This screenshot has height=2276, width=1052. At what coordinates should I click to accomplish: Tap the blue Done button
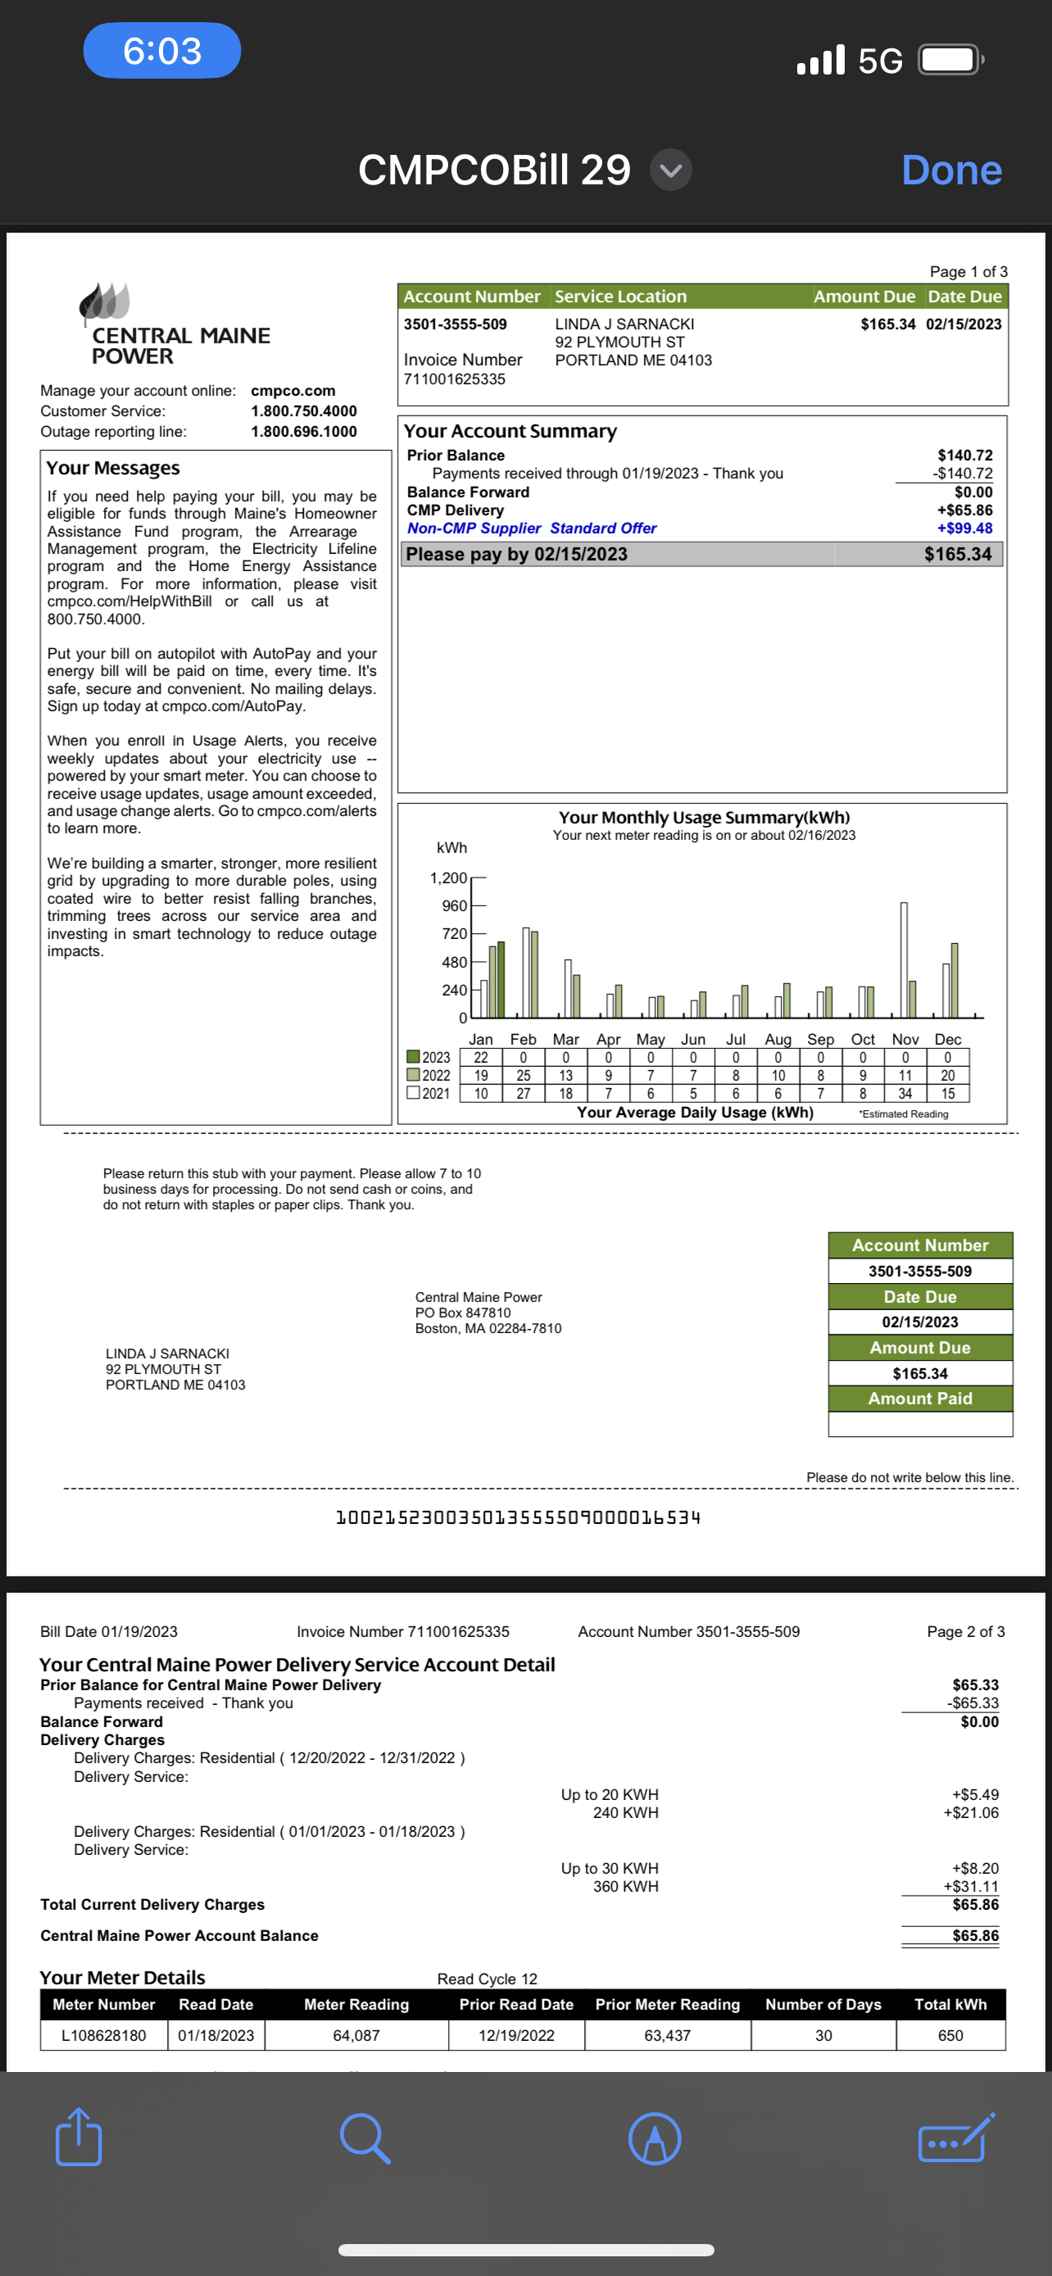[951, 170]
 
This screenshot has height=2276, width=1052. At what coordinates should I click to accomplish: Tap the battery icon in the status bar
[950, 60]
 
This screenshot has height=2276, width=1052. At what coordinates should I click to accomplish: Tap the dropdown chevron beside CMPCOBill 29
[670, 170]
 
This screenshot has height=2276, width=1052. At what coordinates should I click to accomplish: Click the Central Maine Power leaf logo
[105, 302]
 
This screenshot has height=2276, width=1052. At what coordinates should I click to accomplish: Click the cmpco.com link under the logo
[292, 391]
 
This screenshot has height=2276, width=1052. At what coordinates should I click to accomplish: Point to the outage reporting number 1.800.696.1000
[304, 431]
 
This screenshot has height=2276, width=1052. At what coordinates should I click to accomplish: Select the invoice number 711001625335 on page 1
[454, 379]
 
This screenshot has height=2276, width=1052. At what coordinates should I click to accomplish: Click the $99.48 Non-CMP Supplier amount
[964, 528]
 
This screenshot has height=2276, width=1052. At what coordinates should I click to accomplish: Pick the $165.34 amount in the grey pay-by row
[958, 554]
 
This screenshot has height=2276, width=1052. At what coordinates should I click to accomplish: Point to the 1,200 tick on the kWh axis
[448, 877]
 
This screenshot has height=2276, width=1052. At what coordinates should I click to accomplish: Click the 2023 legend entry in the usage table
[429, 1057]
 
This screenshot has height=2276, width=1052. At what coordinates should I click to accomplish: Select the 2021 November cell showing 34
[905, 1093]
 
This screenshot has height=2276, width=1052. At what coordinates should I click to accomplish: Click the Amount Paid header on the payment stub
[919, 1398]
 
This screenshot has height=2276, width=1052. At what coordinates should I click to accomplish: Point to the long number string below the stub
[518, 1517]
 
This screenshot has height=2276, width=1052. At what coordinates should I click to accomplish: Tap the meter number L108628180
[103, 2035]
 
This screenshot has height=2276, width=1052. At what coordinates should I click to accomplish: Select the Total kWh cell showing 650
[950, 2035]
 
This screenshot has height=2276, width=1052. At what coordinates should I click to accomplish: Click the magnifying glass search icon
[365, 2138]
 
